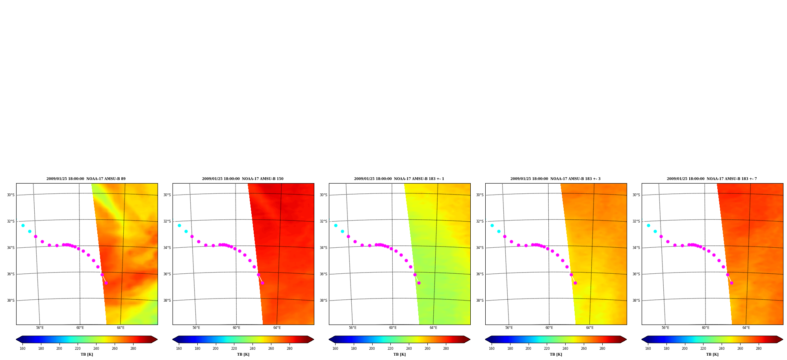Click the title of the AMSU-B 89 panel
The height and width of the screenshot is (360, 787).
click(86, 179)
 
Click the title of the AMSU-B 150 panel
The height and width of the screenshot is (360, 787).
click(243, 179)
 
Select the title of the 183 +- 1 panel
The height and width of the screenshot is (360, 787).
click(399, 179)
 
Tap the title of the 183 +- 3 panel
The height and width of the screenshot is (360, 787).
click(555, 179)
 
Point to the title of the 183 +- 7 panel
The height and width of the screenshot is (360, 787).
click(712, 179)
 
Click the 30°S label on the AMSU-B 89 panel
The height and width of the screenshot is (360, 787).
click(11, 195)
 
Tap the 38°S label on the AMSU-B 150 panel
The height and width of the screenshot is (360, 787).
click(167, 301)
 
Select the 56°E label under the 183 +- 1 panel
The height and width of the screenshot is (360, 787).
click(353, 328)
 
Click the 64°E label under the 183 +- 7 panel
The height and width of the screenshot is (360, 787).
click(746, 328)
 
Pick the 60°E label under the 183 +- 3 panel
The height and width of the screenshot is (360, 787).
click(549, 328)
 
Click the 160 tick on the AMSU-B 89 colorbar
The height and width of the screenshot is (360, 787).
click(22, 349)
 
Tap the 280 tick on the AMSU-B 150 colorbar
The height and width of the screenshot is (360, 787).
click(290, 349)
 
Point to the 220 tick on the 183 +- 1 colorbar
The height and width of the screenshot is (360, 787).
click(390, 349)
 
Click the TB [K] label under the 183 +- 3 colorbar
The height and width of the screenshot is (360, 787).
click(556, 354)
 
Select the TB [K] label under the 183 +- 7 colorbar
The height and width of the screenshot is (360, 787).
click(712, 354)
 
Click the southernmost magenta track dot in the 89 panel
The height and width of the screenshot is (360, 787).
click(106, 283)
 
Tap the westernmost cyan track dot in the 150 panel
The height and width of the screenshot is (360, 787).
click(179, 225)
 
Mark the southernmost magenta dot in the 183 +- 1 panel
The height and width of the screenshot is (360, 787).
click(419, 283)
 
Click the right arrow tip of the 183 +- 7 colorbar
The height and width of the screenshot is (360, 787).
click(783, 340)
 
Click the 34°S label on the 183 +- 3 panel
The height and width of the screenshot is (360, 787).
click(480, 248)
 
